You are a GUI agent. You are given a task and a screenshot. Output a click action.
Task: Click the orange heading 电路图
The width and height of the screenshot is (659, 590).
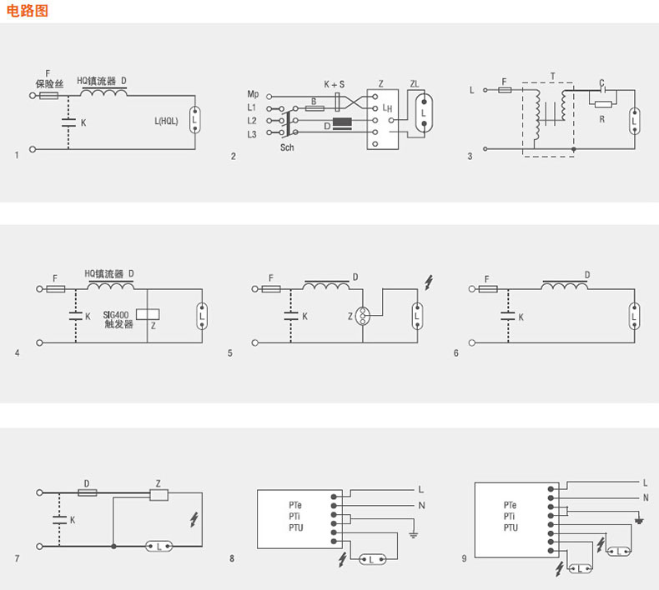(x=28, y=11)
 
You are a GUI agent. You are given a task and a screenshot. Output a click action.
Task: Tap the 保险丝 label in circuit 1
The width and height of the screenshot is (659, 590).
(x=49, y=84)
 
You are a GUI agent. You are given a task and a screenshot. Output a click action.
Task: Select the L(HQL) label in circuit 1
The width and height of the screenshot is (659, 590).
(x=167, y=122)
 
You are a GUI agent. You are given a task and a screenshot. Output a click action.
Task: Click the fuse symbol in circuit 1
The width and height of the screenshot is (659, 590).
(x=48, y=96)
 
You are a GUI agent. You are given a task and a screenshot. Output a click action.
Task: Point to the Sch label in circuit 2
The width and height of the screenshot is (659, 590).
(x=287, y=147)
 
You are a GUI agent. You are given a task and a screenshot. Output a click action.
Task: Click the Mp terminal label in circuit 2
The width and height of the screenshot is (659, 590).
(x=253, y=94)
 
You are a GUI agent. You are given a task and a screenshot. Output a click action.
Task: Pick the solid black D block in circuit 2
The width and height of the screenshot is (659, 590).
(x=342, y=123)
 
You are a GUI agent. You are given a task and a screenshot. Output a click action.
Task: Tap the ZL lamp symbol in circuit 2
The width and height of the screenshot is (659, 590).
(x=424, y=112)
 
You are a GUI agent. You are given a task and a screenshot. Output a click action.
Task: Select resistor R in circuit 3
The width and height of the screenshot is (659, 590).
(x=603, y=103)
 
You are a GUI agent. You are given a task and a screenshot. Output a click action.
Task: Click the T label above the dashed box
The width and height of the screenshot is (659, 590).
(x=553, y=77)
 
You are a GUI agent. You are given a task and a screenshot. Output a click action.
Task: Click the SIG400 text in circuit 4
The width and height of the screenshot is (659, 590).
(x=116, y=315)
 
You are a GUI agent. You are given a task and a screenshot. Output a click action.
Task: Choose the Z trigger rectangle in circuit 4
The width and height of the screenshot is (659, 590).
(x=148, y=314)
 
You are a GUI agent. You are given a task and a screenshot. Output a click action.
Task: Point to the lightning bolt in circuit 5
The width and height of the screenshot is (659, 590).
(x=428, y=282)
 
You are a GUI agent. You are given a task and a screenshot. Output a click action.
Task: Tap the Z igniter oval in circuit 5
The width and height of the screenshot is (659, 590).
(x=362, y=316)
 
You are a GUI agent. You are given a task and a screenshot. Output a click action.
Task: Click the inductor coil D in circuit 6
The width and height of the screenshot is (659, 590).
(x=565, y=285)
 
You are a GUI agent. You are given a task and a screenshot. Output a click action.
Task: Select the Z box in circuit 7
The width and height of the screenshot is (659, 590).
(x=159, y=495)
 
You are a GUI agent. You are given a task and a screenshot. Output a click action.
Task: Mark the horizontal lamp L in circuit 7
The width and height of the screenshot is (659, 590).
(x=158, y=547)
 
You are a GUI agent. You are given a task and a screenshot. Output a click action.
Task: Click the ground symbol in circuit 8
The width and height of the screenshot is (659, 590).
(x=414, y=534)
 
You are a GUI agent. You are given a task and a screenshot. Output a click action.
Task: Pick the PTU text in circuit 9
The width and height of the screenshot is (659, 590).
(x=511, y=527)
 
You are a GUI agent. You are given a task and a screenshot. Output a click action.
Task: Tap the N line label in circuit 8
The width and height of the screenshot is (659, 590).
(x=421, y=505)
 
